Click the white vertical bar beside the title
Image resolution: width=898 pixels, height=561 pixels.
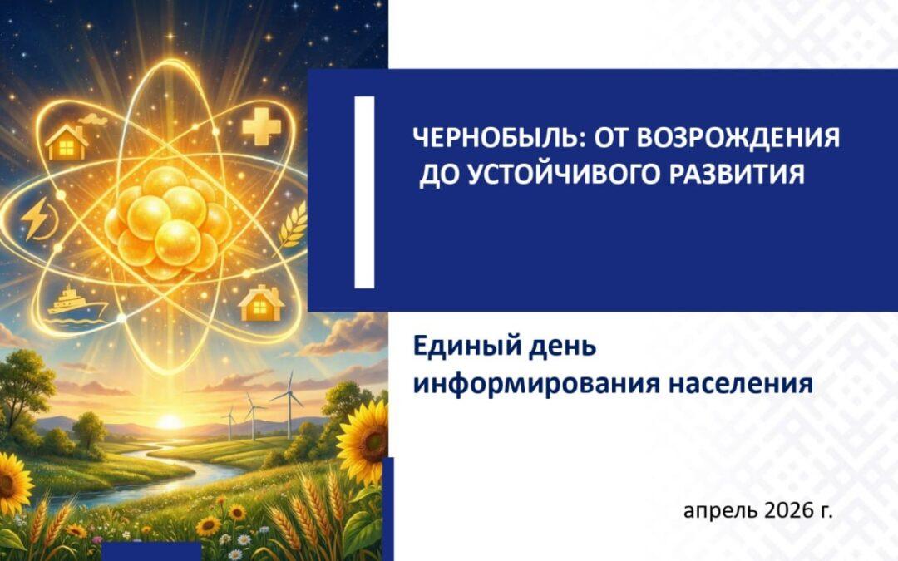tap(364, 191)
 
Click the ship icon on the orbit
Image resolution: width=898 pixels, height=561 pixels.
tap(76, 302)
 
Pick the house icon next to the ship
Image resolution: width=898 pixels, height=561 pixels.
tap(261, 304)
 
